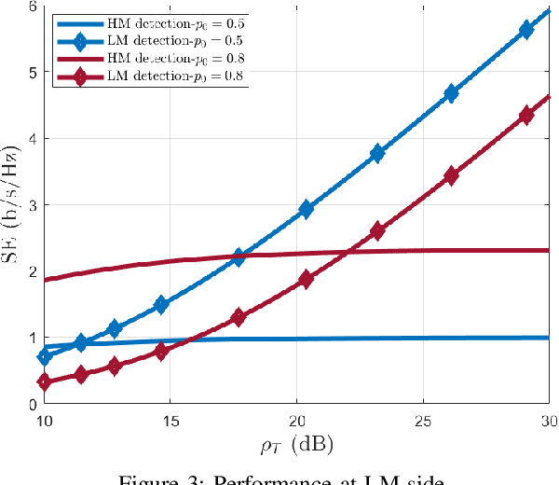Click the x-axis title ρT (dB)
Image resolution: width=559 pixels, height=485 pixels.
pyautogui.click(x=296, y=446)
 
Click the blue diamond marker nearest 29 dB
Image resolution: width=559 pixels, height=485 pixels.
pyautogui.click(x=526, y=30)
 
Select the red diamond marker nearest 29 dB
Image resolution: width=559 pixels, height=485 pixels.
pyautogui.click(x=526, y=116)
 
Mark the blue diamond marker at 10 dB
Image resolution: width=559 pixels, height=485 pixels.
pyautogui.click(x=45, y=356)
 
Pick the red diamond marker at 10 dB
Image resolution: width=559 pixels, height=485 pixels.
pyautogui.click(x=45, y=381)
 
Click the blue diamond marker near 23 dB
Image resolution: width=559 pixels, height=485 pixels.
pyautogui.click(x=376, y=154)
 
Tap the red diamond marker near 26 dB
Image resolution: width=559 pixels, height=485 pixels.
pyautogui.click(x=452, y=175)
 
